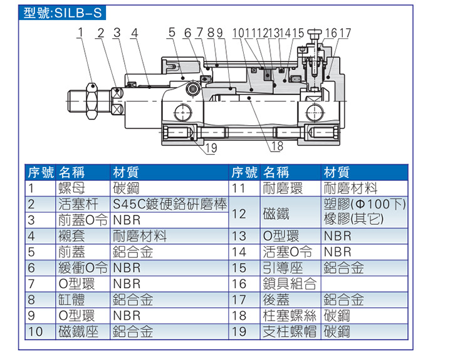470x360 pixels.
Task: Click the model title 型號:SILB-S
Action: pos(61,13)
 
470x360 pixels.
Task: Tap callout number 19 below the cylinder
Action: pos(211,148)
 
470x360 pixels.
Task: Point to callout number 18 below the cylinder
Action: pos(276,147)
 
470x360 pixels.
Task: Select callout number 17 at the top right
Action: pos(346,33)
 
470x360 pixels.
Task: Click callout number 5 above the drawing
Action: pos(172,33)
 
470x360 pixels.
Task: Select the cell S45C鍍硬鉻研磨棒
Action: pos(169,204)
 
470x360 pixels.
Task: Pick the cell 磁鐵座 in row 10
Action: pos(78,331)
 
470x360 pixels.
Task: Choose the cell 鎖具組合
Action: pos(289,284)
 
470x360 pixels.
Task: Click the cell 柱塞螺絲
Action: pos(289,316)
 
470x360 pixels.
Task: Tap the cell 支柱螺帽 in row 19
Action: pos(289,331)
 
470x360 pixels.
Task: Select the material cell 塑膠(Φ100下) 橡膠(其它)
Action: pos(364,212)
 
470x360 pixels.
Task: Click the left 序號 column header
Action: pos(39,172)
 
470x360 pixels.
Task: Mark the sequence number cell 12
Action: pos(239,212)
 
